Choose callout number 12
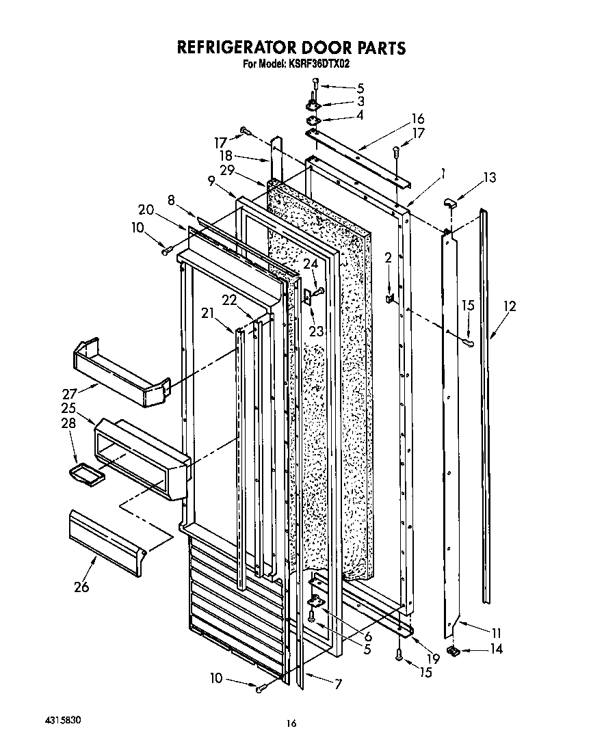click(510, 306)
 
